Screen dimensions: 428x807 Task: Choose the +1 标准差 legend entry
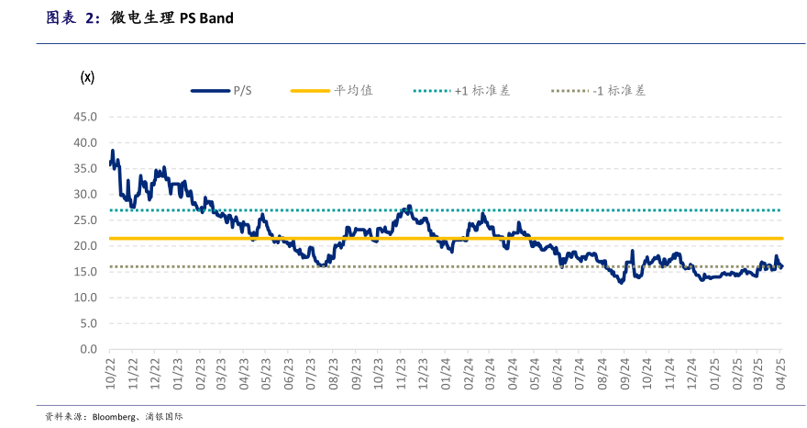[482, 90]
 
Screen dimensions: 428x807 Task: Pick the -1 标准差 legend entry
[619, 90]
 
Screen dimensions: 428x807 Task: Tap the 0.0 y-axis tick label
[88, 349]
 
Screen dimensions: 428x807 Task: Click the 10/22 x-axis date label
[110, 372]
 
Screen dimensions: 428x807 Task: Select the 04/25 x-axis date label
[781, 372]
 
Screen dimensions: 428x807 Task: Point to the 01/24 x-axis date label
[446, 372]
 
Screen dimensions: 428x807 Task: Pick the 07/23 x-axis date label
[312, 372]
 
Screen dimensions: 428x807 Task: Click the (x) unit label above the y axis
[88, 76]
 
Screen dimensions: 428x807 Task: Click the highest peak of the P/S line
[113, 151]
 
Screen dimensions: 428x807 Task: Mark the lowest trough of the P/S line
[621, 282]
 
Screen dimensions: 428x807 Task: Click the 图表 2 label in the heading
[73, 17]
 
